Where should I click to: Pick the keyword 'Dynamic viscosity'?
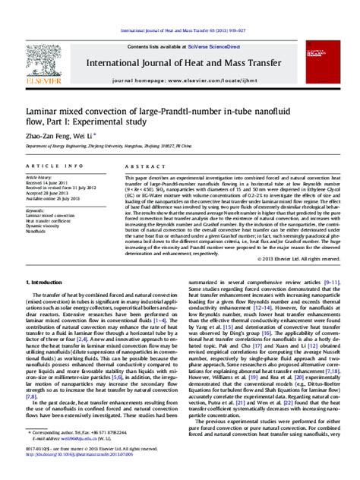coord(44,204)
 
